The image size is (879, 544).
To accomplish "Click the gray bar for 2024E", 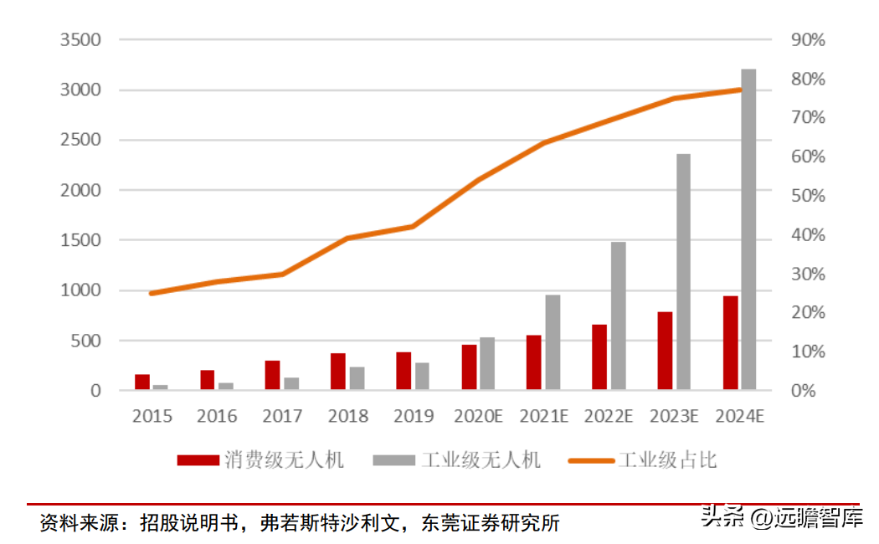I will pyautogui.click(x=748, y=230).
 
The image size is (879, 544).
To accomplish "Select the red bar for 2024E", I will pyautogui.click(x=730, y=343).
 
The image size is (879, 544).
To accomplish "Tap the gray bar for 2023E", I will pyautogui.click(x=683, y=272).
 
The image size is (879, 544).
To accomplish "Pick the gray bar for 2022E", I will pyautogui.click(x=618, y=316).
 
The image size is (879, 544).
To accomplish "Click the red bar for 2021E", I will pyautogui.click(x=534, y=362).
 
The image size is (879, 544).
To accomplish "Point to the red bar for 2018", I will pyautogui.click(x=338, y=372).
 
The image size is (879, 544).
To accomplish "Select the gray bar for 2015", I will pyautogui.click(x=161, y=387).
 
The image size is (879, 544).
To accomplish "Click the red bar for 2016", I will pyautogui.click(x=208, y=380).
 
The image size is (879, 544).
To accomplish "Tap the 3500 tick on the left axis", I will pyautogui.click(x=80, y=40).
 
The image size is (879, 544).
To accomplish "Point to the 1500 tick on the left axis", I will pyautogui.click(x=80, y=240).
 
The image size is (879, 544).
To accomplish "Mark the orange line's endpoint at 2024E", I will pyautogui.click(x=740, y=90).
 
